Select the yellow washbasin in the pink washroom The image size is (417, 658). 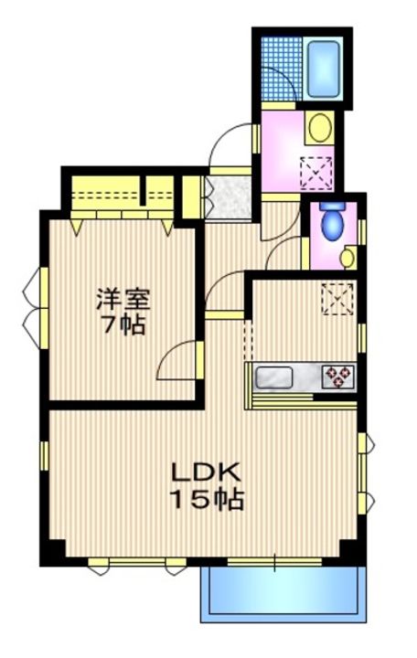click(319, 128)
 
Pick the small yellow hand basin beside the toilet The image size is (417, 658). click(347, 257)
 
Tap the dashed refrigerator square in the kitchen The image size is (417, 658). click(337, 299)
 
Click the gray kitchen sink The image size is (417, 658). click(273, 377)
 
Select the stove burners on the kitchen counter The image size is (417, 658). click(337, 376)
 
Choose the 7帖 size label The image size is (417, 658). click(123, 324)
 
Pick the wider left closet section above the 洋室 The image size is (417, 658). click(106, 195)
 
